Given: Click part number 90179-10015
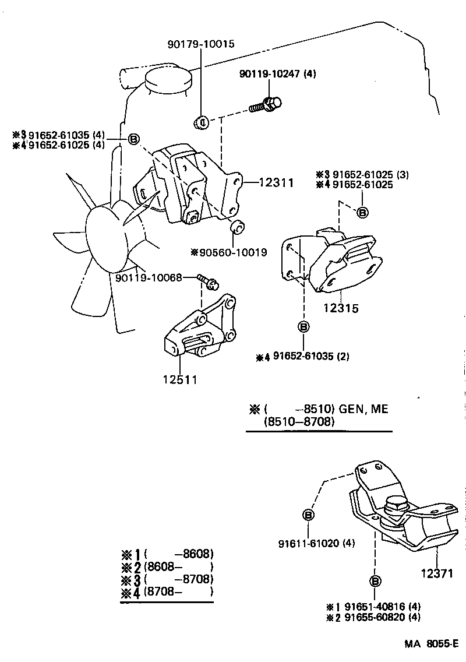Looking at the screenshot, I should click(x=201, y=44).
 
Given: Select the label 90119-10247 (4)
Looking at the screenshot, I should click(x=278, y=74).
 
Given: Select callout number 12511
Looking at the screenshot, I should click(x=180, y=380).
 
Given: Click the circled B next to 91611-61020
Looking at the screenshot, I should click(x=309, y=515).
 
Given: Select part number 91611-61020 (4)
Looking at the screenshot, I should click(x=316, y=543).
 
